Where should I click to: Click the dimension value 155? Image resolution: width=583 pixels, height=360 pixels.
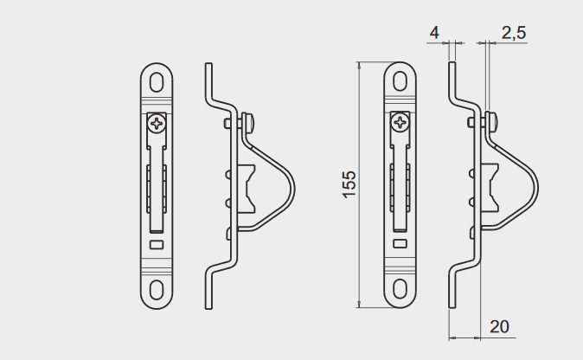[349, 184]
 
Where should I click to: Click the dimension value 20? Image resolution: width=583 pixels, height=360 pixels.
[499, 327]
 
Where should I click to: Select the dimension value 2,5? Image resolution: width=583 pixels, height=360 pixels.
[514, 33]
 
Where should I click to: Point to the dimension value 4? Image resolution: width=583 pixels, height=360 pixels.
[434, 33]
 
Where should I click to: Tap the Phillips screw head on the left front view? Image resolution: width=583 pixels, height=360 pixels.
[157, 123]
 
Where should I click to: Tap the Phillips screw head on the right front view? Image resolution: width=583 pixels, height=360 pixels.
[400, 122]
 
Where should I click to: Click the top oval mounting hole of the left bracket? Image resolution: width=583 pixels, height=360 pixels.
[157, 82]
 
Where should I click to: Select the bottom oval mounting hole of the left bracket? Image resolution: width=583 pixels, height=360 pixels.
[157, 290]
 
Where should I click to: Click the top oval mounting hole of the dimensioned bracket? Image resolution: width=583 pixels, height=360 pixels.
[400, 81]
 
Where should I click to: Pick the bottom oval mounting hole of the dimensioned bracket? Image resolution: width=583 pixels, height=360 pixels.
[400, 289]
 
